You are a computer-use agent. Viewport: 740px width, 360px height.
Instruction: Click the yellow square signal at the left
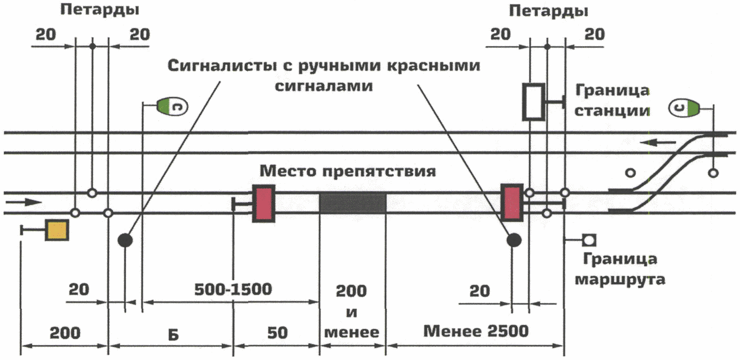click(x=57, y=230)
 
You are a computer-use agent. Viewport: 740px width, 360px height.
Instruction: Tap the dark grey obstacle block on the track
click(x=353, y=203)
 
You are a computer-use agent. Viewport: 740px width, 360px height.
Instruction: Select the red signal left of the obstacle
click(x=263, y=203)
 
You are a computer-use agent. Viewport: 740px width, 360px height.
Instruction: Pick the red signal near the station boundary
click(x=512, y=202)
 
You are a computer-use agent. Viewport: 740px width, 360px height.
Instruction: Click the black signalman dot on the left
click(x=125, y=241)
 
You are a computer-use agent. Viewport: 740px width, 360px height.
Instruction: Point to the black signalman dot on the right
click(x=514, y=240)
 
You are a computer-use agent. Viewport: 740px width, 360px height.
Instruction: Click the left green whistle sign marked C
click(x=172, y=106)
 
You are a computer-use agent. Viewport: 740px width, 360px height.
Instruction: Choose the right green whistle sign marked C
click(x=684, y=108)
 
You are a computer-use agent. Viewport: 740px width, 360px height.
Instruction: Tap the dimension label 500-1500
click(x=233, y=289)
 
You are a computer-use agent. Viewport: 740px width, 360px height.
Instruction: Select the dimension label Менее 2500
click(x=476, y=331)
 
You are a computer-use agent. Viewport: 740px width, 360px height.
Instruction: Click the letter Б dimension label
click(x=173, y=334)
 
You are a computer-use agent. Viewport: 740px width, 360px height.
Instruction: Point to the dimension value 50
click(x=277, y=333)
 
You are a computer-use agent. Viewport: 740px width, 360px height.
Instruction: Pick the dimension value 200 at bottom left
click(x=65, y=333)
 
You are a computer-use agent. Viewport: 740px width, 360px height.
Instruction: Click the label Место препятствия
click(x=348, y=171)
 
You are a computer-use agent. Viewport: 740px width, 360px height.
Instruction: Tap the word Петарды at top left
click(x=100, y=10)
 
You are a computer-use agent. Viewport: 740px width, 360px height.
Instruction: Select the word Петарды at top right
click(x=548, y=11)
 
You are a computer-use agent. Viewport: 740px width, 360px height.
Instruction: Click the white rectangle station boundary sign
click(x=534, y=102)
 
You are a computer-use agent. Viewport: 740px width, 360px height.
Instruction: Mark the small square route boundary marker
click(x=589, y=241)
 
